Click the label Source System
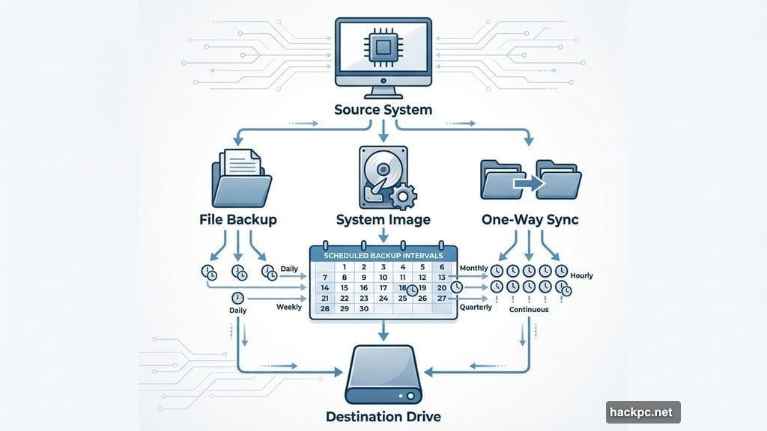[383, 110]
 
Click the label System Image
[383, 219]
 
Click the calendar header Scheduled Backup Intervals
[383, 255]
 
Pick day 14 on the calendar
[325, 287]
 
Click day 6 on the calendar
[442, 267]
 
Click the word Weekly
[289, 307]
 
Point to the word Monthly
[473, 268]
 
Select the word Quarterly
[476, 308]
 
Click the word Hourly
[581, 275]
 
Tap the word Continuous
[529, 309]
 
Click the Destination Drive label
[383, 416]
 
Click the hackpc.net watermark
[643, 412]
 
